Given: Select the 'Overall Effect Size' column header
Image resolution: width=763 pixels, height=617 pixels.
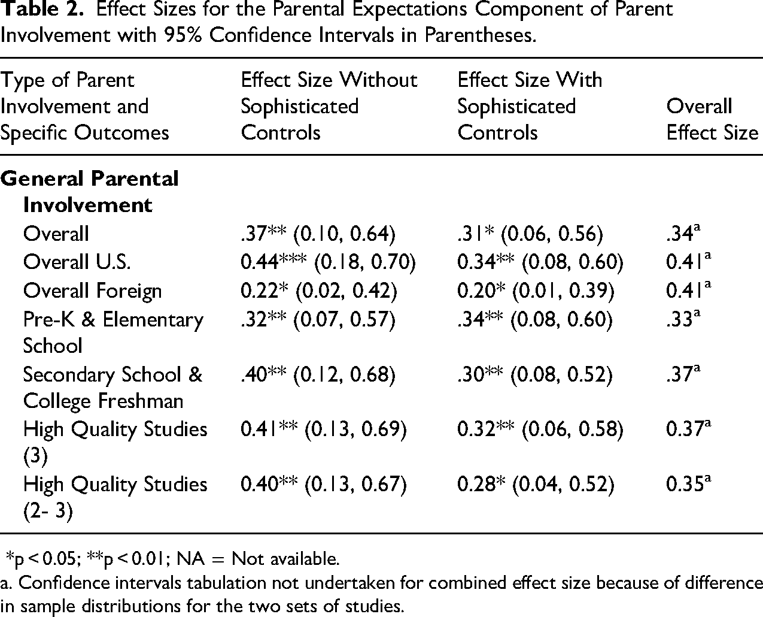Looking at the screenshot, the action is click(712, 119).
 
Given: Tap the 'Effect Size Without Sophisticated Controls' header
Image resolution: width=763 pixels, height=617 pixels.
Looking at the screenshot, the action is click(329, 106).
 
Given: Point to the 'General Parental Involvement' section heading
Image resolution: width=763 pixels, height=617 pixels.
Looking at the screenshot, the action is click(89, 192).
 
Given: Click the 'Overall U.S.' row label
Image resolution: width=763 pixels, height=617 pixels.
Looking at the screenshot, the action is click(77, 262).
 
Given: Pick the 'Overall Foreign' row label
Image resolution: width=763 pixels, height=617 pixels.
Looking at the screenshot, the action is click(92, 291).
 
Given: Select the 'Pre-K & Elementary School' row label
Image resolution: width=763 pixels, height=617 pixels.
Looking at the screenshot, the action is click(113, 332).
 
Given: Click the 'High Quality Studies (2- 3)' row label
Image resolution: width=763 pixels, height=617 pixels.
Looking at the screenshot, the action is click(115, 497).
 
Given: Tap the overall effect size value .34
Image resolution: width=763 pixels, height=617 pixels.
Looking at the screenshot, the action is click(683, 233).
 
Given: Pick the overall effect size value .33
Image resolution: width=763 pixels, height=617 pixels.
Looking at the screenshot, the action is click(683, 318).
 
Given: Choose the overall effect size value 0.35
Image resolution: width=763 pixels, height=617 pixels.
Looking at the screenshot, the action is click(688, 483).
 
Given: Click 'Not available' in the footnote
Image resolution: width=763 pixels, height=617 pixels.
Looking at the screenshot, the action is click(285, 558).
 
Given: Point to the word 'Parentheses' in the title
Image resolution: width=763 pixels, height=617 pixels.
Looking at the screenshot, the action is click(481, 35).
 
